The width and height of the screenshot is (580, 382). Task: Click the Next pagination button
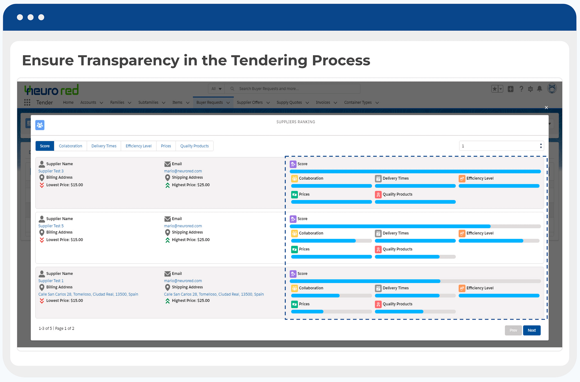click(x=532, y=330)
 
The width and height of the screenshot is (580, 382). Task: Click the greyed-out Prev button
click(x=513, y=330)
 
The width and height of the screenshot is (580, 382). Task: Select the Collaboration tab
click(x=71, y=146)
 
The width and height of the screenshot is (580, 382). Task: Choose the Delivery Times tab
click(x=104, y=146)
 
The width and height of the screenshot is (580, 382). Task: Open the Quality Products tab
click(x=195, y=146)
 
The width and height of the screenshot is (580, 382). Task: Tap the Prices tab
click(x=166, y=146)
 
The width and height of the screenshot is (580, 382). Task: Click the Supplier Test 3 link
click(x=51, y=171)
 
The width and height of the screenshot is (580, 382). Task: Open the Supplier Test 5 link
click(x=51, y=226)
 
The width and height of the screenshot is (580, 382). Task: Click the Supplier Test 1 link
click(x=51, y=281)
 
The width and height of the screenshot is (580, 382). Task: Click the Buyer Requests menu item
click(x=210, y=102)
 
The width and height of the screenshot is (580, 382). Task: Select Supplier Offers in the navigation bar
click(x=250, y=102)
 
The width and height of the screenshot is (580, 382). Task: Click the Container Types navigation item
click(x=358, y=102)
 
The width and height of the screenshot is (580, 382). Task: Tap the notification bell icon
click(x=540, y=89)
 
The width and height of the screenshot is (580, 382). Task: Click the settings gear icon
click(x=530, y=89)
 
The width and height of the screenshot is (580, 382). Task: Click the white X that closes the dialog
click(x=546, y=108)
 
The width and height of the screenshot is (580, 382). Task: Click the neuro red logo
click(x=51, y=90)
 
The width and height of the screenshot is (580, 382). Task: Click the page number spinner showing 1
click(x=502, y=146)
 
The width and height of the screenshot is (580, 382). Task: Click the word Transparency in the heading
click(x=129, y=60)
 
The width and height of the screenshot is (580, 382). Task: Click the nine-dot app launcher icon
click(x=27, y=102)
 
